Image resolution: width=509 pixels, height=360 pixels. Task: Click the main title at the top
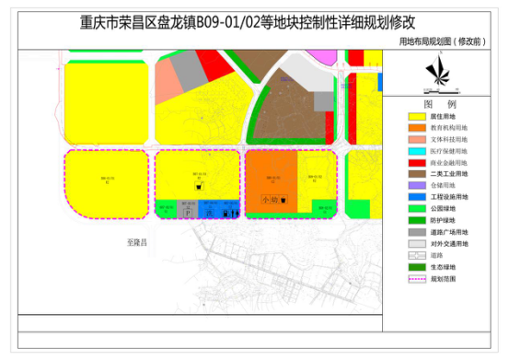pos(254,20)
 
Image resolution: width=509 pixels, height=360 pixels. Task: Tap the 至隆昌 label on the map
pos(137,237)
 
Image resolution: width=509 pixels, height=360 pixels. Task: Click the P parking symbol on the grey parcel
pos(188,212)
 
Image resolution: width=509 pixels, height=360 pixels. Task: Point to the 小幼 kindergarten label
pos(269,199)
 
